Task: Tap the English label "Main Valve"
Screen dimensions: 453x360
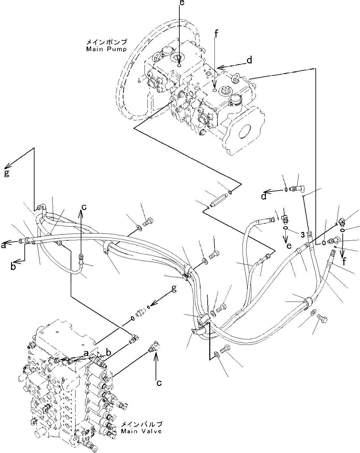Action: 141,431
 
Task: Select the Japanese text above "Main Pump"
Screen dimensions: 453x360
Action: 106,42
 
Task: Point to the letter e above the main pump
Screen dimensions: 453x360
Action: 182,3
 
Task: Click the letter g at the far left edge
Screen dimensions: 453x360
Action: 6,173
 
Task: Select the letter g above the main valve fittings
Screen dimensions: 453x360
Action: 174,289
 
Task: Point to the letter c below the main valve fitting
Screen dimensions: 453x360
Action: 159,383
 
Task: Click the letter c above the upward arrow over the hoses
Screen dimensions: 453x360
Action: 84,207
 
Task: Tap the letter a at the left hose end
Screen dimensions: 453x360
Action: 4,246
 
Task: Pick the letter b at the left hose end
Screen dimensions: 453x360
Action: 13,267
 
